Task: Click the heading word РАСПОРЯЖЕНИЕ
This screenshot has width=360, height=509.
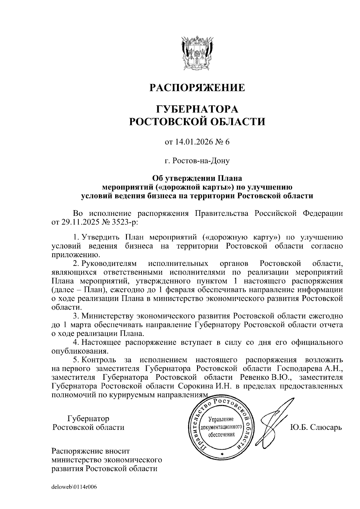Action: pos(197,88)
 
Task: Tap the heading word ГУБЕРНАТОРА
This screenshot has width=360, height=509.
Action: pos(197,109)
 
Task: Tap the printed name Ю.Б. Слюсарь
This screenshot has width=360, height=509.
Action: pos(316,427)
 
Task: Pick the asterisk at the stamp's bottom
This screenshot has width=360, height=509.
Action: pos(222,455)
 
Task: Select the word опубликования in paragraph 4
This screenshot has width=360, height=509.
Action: pos(79,351)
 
